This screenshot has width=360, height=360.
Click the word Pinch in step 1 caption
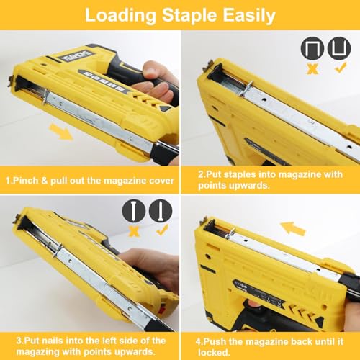click(x=27, y=179)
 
